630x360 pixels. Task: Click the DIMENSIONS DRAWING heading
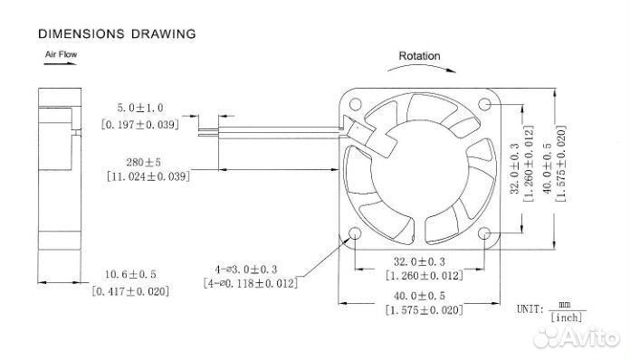click(x=117, y=33)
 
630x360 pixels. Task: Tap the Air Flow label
click(x=61, y=54)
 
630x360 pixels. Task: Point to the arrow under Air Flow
click(x=61, y=63)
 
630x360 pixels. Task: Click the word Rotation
click(x=419, y=56)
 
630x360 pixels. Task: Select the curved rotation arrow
click(x=422, y=66)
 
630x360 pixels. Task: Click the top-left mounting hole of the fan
click(x=355, y=104)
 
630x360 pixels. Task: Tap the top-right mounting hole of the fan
click(x=484, y=104)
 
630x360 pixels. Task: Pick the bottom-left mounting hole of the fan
click(x=355, y=233)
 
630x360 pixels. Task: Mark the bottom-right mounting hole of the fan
click(x=484, y=233)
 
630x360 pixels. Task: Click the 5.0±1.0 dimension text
click(x=140, y=108)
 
